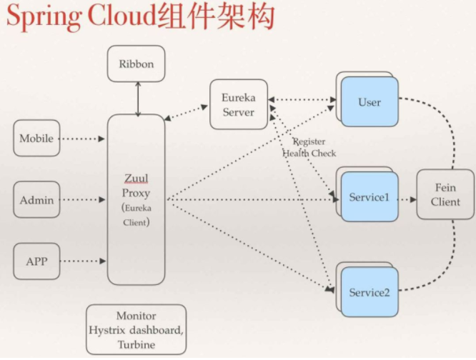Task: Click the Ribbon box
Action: [x=136, y=64]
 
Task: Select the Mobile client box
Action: [x=36, y=139]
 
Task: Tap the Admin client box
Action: [x=36, y=200]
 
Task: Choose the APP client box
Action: [x=36, y=261]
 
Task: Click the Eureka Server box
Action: [x=238, y=105]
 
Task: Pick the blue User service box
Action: [x=370, y=102]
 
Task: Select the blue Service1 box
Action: [x=370, y=196]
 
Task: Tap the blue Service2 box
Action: [x=370, y=292]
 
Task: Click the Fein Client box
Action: [x=445, y=194]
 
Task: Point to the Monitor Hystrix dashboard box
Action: [x=136, y=329]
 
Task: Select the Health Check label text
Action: [x=309, y=154]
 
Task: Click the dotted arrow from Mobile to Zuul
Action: [x=83, y=139]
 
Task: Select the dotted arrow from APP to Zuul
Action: [x=83, y=261]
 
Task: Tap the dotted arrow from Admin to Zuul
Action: [x=83, y=200]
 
